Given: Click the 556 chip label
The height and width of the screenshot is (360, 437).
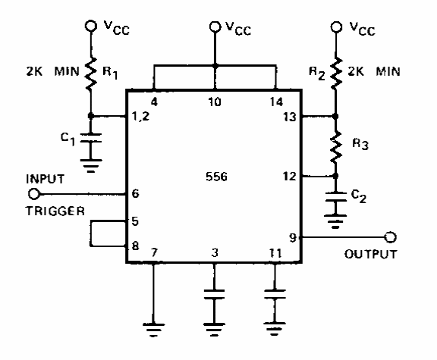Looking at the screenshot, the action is tap(216, 177).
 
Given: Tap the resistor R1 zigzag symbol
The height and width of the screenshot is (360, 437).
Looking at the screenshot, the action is tap(91, 74).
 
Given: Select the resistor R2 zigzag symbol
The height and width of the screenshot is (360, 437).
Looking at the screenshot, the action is tap(336, 74).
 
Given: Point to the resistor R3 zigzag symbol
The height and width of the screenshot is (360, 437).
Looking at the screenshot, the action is tap(336, 146).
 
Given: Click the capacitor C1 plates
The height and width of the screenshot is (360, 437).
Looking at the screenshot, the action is tap(90, 138).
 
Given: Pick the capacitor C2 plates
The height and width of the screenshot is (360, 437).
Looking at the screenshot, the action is tap(336, 196).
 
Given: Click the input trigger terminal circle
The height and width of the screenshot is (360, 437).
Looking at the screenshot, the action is tap(34, 194).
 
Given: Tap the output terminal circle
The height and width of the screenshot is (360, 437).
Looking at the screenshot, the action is tap(390, 237).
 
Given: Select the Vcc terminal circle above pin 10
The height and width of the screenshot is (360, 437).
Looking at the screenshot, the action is tap(215, 27).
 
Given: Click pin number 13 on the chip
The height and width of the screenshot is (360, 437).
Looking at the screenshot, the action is tap(290, 117).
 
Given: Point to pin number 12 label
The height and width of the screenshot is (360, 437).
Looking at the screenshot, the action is tap(289, 177).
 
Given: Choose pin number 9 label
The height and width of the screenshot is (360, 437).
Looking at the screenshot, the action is tap(292, 238).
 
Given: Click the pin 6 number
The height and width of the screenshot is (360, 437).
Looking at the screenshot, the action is tap(135, 193).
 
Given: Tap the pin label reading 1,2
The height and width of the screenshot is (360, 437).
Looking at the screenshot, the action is tap(141, 117).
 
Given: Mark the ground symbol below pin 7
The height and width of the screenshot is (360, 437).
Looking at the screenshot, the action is tap(153, 330).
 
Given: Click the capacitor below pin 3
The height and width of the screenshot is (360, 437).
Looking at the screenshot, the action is tap(214, 294).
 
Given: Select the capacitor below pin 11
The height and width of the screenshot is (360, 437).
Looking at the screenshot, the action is tap(275, 294).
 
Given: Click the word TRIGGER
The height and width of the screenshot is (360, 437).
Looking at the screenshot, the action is tap(55, 211).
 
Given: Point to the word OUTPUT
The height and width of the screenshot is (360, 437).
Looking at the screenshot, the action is tap(370, 254).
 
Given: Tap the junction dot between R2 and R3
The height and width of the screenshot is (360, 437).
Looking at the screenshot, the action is tap(336, 116).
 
